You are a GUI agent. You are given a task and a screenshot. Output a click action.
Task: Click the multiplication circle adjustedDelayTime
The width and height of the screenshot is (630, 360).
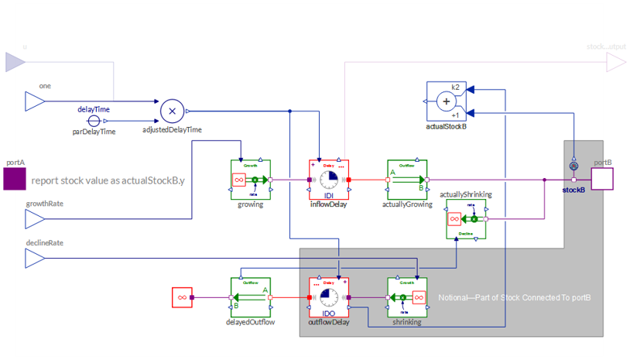tap(172, 111)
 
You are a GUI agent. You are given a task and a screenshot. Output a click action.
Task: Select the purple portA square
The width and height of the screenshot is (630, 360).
tap(14, 180)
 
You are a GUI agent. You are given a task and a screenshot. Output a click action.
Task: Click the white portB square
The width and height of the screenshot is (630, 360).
tap(602, 180)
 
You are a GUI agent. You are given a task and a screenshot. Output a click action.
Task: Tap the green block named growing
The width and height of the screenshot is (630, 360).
tap(251, 180)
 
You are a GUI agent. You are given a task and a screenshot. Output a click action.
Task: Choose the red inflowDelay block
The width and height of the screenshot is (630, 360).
tap(329, 180)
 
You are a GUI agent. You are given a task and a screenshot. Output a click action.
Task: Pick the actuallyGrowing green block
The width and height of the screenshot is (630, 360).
tap(407, 180)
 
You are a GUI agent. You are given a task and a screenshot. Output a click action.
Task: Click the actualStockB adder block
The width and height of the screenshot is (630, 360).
tap(447, 101)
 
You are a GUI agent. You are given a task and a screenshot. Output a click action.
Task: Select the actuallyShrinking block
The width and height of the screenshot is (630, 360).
tap(467, 219)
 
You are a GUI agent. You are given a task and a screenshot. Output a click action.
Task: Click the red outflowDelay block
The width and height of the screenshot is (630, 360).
tap(329, 297)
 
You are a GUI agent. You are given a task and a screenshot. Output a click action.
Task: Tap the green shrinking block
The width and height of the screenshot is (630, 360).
tap(407, 297)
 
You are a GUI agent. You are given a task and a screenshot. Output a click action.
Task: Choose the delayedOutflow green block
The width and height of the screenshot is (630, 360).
tap(251, 297)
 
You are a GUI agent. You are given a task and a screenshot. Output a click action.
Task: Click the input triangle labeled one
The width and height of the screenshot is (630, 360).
tap(35, 101)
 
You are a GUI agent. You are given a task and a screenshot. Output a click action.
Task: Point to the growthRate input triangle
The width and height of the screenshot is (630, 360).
tap(35, 219)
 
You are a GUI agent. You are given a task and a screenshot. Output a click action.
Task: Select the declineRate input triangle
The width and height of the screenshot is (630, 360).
tap(35, 258)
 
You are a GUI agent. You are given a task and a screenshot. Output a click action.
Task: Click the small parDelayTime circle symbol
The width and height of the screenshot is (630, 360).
tap(94, 122)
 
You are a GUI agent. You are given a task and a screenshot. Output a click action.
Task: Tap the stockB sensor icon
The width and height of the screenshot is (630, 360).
tap(574, 166)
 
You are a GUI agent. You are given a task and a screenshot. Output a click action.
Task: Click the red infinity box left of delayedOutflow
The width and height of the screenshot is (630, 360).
tap(182, 297)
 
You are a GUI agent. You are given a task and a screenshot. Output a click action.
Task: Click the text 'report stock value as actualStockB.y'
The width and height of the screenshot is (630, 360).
tap(108, 181)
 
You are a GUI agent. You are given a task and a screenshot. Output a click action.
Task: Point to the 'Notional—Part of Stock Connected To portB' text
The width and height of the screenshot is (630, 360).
tap(515, 298)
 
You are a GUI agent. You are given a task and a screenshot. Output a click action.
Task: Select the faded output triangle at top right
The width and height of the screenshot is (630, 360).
tap(616, 62)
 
